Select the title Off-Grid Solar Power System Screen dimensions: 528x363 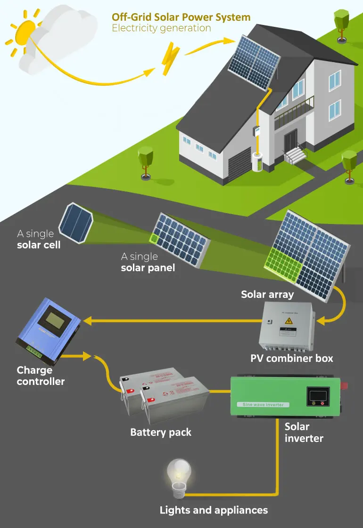(x=181, y=17)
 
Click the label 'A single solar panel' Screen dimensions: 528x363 (x=148, y=262)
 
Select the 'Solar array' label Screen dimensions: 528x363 (x=267, y=295)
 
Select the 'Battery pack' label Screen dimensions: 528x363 (x=161, y=432)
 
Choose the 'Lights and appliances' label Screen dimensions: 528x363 (x=214, y=510)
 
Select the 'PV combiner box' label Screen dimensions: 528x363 (x=291, y=359)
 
